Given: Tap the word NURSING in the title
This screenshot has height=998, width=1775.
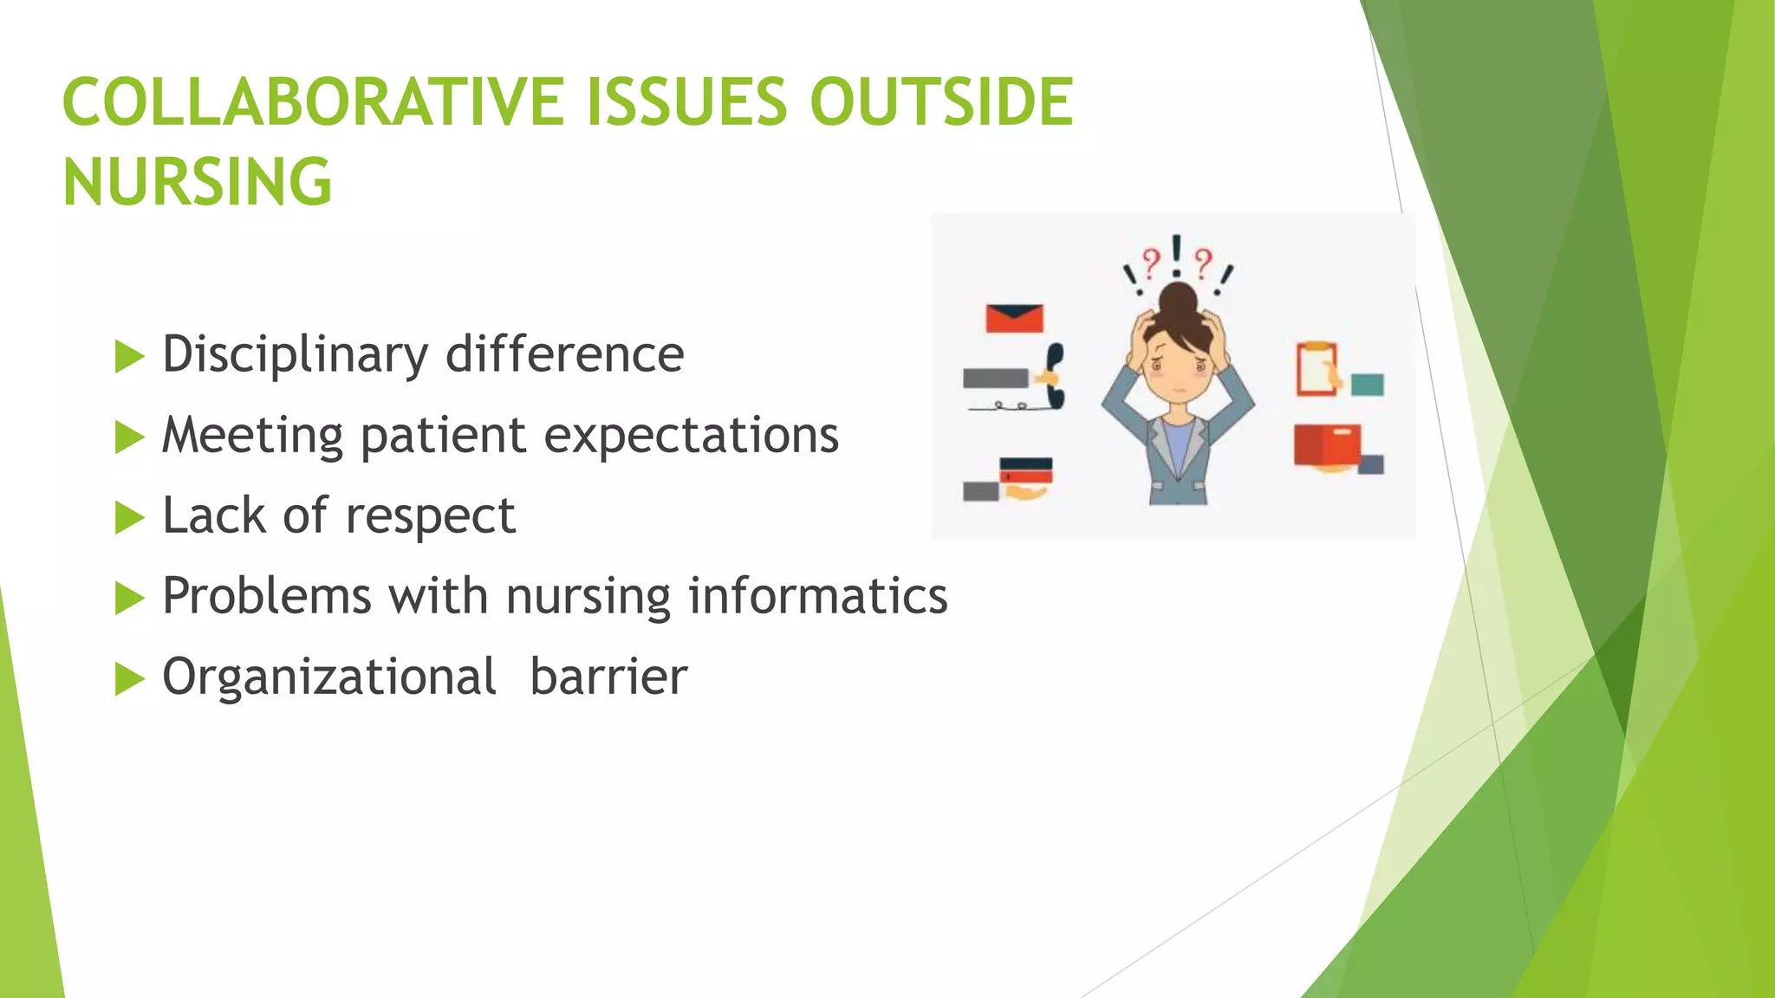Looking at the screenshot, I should [x=198, y=183].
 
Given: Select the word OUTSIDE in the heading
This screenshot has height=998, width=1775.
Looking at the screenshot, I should [x=941, y=102].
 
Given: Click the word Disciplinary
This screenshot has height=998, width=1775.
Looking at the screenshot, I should [x=295, y=355].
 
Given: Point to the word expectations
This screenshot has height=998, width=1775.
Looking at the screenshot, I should [x=691, y=435].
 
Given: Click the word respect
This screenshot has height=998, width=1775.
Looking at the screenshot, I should [x=430, y=517].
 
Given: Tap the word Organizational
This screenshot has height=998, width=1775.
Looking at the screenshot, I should [x=329, y=677].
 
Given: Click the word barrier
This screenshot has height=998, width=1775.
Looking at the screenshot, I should [x=608, y=677].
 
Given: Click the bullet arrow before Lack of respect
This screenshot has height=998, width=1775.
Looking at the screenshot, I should [x=129, y=518].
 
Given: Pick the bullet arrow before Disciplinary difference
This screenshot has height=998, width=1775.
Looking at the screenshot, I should [x=129, y=356].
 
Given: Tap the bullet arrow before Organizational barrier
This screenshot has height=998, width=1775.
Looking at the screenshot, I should [x=129, y=679].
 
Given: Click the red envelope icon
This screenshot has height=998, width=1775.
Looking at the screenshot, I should [x=1014, y=318].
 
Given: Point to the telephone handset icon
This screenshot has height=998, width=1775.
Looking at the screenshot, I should [x=1053, y=375].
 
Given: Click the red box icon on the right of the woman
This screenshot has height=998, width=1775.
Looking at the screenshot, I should [x=1326, y=444].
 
